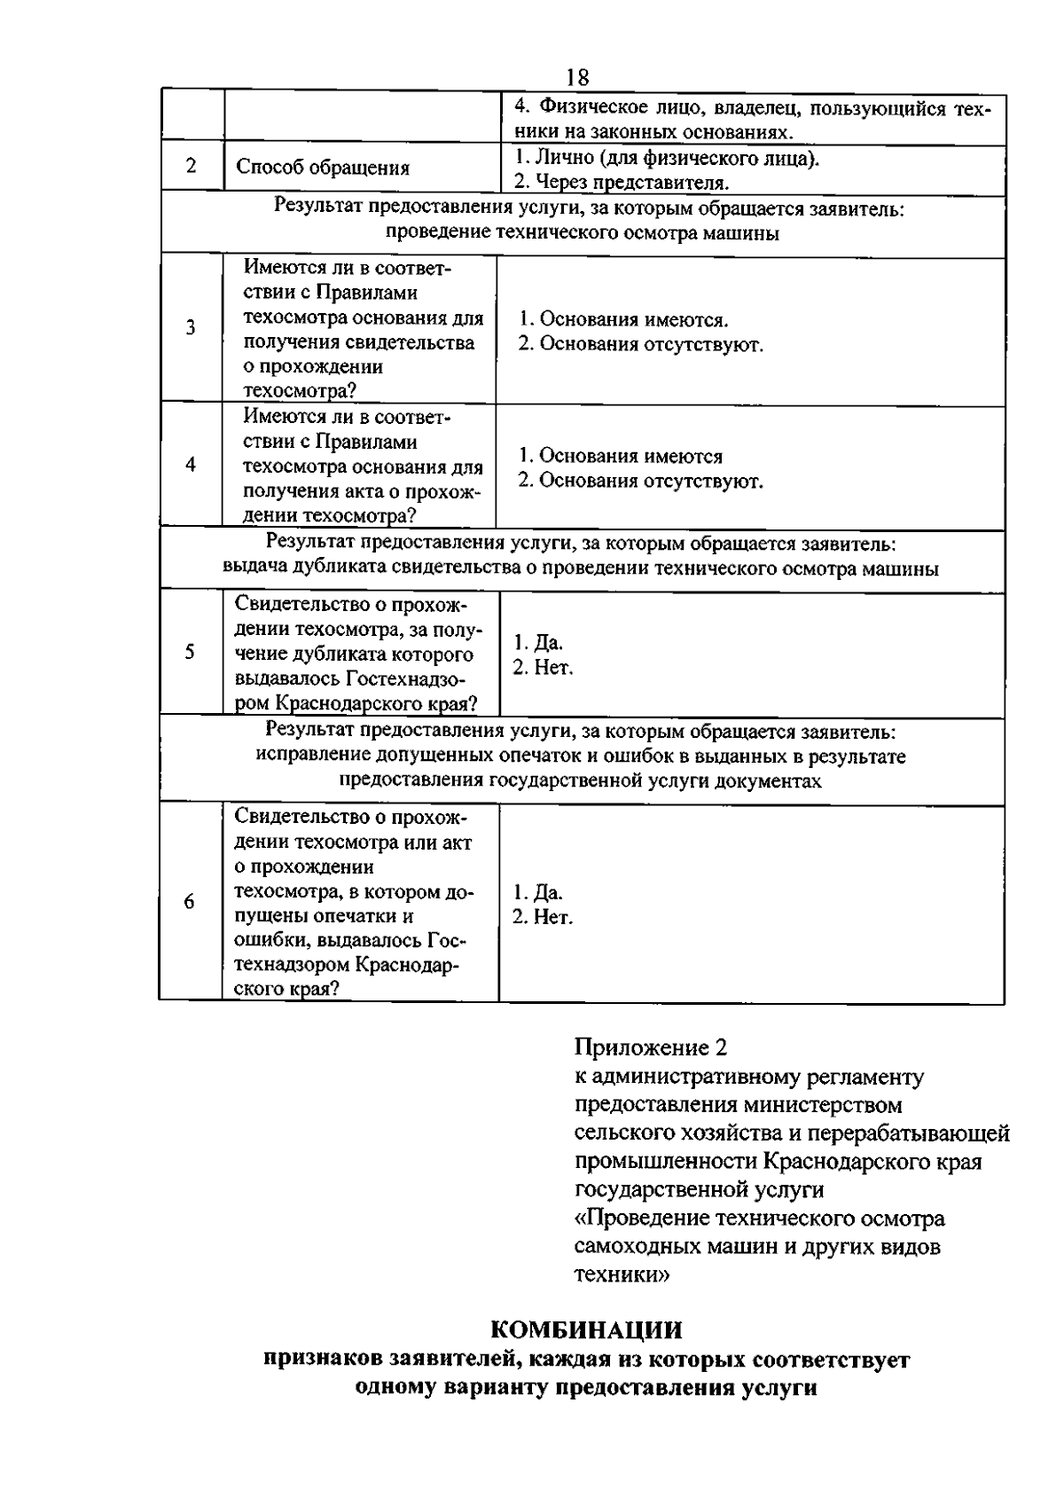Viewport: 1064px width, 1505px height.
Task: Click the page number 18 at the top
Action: click(576, 77)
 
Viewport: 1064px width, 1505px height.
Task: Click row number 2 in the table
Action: click(191, 166)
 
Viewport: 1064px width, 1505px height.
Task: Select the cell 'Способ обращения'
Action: click(323, 168)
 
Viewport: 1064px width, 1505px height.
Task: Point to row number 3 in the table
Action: click(191, 327)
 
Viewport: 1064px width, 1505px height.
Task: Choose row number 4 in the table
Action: click(191, 464)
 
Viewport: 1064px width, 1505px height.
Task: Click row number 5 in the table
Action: click(190, 652)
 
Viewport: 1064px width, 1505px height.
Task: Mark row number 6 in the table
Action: click(190, 902)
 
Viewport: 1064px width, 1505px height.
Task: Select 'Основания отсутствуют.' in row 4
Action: click(651, 481)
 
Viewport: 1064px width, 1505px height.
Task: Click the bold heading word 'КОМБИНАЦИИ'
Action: click(587, 1330)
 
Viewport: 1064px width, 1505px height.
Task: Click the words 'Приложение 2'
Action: click(651, 1047)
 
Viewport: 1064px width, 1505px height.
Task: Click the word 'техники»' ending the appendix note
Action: click(622, 1275)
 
